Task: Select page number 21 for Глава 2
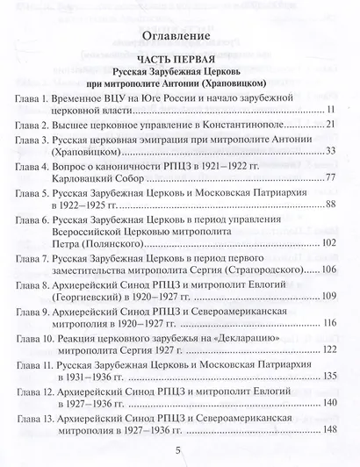(332, 125)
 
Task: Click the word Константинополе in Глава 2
(245, 125)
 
